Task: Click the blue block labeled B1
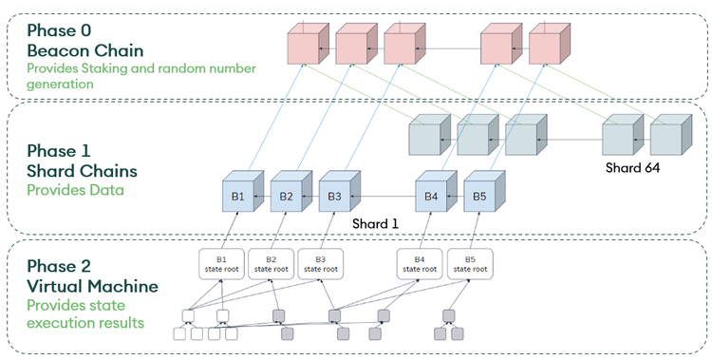[239, 197]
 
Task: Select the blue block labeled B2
[288, 197]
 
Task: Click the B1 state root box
[221, 264]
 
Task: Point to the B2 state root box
[272, 264]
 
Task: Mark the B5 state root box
[469, 264]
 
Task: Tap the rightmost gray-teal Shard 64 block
[670, 137]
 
